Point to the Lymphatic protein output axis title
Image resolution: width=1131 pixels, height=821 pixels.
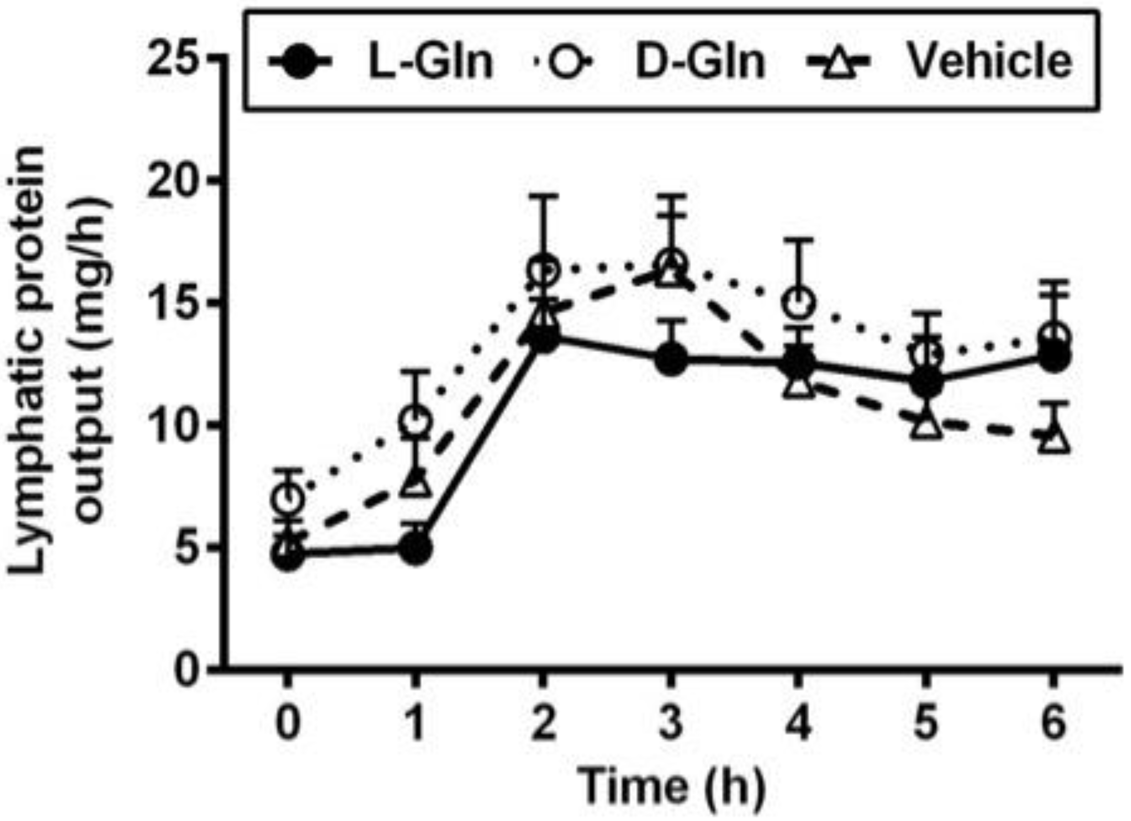point(60,359)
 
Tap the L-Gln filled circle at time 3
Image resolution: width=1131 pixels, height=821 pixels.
point(671,360)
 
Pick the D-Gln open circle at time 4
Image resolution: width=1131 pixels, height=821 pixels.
point(799,302)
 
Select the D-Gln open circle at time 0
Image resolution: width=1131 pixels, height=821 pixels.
point(288,499)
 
